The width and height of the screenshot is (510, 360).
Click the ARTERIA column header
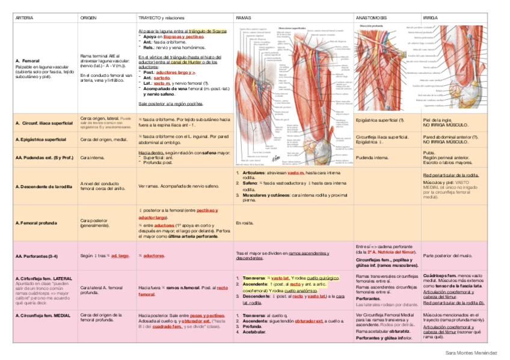coord(25,19)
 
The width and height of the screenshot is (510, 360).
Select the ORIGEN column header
coord(88,19)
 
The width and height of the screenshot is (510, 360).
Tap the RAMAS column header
coord(244,19)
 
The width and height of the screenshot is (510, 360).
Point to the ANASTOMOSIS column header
coord(371,19)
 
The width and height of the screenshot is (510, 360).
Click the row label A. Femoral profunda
coord(36,222)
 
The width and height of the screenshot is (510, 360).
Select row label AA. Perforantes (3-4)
coord(37,256)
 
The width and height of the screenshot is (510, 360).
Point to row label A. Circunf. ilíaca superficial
coord(44,123)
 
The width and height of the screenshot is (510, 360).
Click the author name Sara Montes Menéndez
coord(471,351)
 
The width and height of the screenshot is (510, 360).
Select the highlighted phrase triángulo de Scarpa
coord(207,31)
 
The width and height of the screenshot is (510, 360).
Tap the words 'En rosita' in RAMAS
coord(244,222)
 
